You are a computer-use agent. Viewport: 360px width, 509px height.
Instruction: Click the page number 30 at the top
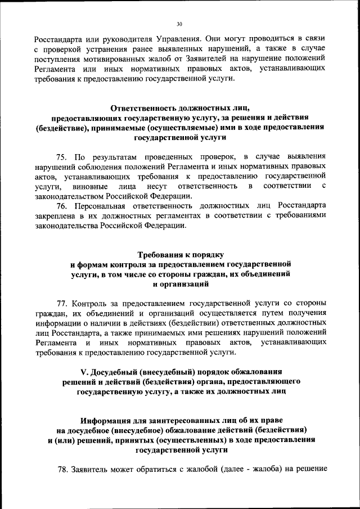pos(179,24)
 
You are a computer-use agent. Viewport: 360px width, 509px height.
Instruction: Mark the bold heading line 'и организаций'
pos(179,284)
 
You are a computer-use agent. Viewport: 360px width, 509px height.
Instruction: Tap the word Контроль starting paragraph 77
pos(93,301)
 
